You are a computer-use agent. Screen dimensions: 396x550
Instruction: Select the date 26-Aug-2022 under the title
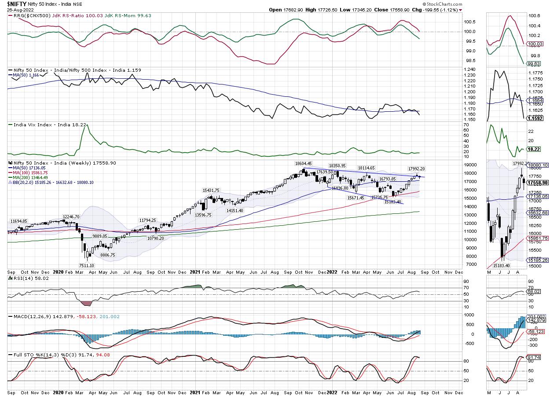(20, 9)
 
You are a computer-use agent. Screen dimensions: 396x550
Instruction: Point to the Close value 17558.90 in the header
(397, 9)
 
